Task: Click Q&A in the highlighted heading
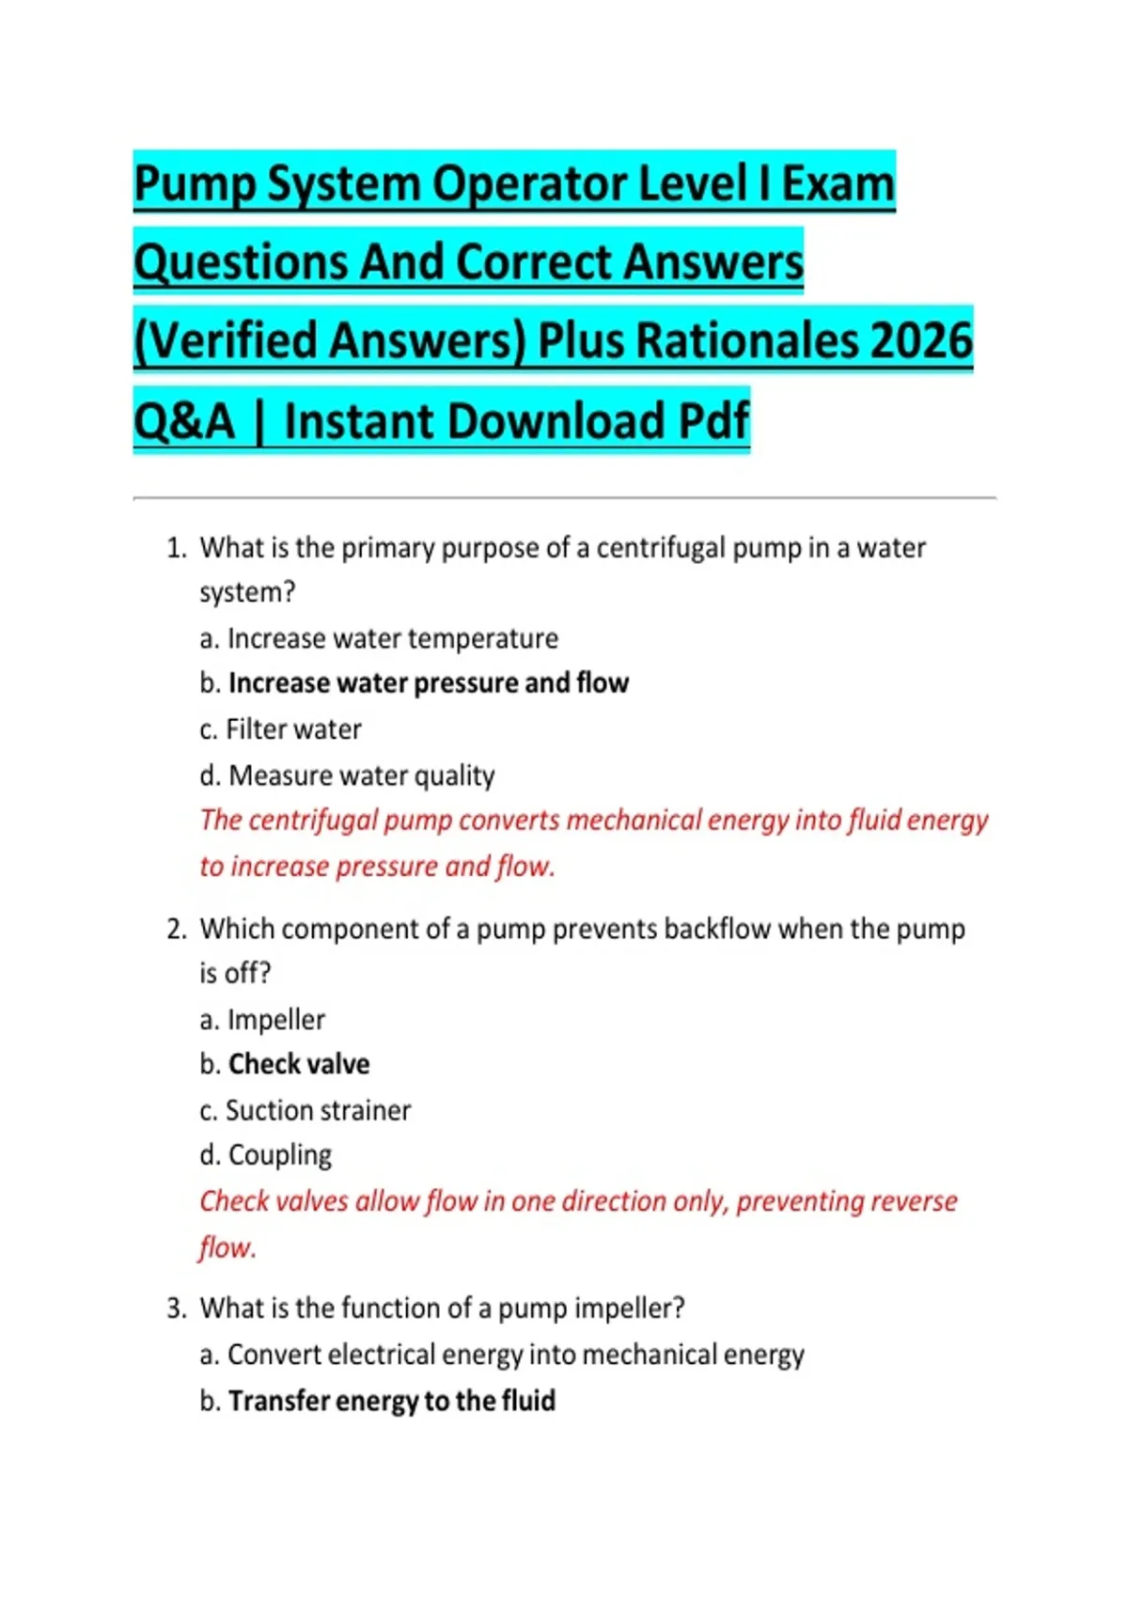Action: [183, 421]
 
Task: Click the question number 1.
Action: [176, 548]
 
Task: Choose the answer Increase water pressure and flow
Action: [428, 683]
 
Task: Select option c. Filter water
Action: [280, 729]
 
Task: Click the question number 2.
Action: [176, 930]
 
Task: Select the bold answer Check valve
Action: [299, 1064]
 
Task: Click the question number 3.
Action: [176, 1308]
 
